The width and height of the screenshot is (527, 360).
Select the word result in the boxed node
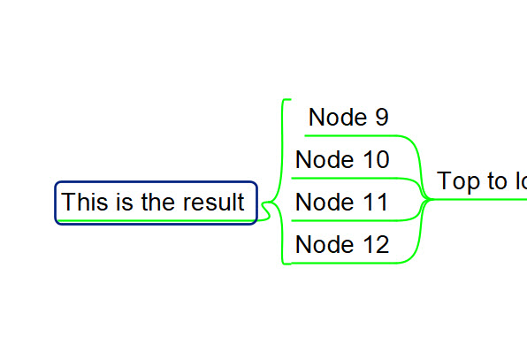213,203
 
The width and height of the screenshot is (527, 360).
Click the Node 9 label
348,118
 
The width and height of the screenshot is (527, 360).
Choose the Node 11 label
342,203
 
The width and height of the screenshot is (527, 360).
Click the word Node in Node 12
321,245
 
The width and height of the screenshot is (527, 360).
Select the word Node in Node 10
321,160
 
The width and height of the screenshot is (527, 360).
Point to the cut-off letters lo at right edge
519,182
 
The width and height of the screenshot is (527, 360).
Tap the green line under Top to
477,200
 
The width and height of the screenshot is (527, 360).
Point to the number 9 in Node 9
381,118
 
